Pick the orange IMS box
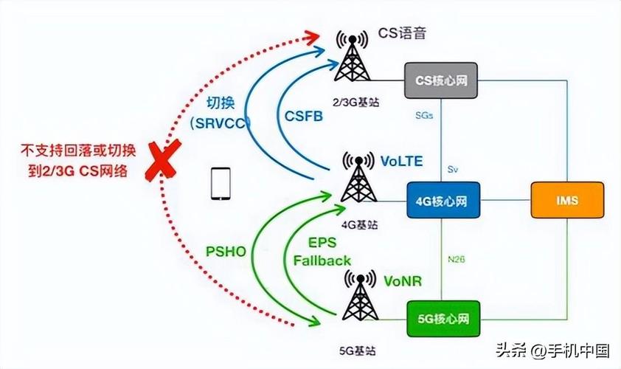[568, 200]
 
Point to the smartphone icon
[221, 184]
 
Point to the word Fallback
[322, 261]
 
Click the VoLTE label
[402, 161]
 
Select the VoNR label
[401, 280]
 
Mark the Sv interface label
[453, 169]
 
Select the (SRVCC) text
[221, 123]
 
